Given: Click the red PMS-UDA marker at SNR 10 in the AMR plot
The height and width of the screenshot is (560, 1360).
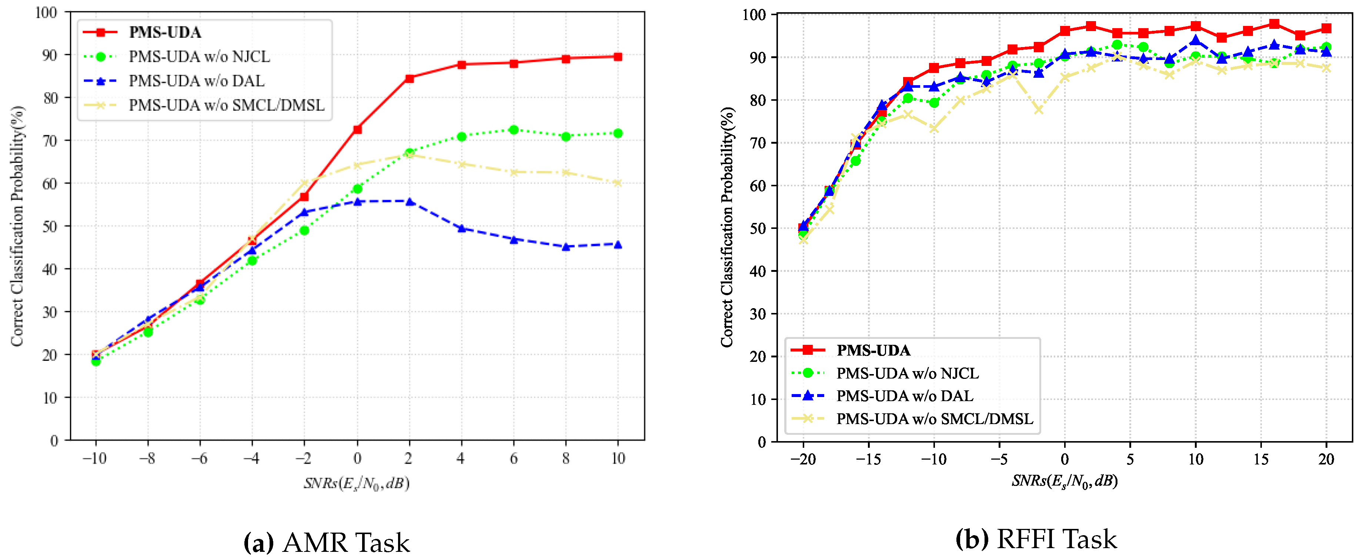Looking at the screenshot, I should tap(618, 57).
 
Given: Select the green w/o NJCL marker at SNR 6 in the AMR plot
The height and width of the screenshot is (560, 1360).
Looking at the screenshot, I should tap(513, 129).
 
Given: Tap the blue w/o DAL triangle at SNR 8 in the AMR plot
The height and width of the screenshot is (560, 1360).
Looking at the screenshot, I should tap(565, 246).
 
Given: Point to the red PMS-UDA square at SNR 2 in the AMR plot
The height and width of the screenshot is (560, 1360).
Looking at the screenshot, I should tap(409, 78).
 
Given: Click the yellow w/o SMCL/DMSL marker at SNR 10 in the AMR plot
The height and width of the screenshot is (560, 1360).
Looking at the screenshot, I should tap(618, 183).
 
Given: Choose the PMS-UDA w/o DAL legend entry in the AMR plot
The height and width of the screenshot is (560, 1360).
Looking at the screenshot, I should tap(196, 81).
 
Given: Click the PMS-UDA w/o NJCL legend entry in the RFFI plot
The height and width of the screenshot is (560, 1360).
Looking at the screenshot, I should tap(907, 373).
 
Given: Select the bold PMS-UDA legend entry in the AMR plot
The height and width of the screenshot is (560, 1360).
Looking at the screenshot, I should tap(165, 32).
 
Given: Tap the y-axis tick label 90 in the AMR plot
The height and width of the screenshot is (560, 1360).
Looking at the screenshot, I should tap(50, 55).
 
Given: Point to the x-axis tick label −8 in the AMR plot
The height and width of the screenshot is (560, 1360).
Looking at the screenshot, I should tap(147, 458).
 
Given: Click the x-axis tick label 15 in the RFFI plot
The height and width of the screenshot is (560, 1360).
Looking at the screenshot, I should tap(1261, 459).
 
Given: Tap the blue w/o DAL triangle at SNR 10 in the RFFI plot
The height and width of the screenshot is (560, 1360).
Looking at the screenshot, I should tap(1195, 41).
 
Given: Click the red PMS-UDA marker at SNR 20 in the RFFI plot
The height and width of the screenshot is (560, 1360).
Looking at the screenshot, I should tap(1326, 29).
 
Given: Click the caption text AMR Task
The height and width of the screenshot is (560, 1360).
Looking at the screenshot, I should tap(346, 543).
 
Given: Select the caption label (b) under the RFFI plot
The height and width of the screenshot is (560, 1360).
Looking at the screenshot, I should tap(972, 539).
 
